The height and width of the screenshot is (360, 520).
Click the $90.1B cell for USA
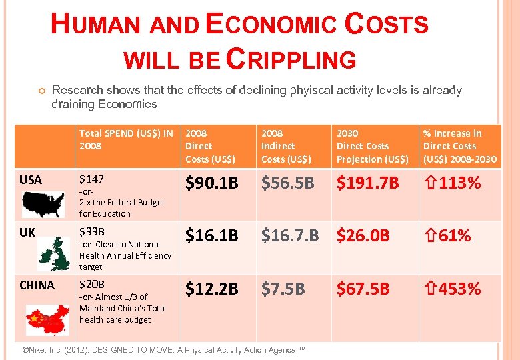point(211,183)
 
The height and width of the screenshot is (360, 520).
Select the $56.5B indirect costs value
point(287,183)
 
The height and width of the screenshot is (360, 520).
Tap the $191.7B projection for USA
point(367,183)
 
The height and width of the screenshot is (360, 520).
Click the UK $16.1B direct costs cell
point(211,235)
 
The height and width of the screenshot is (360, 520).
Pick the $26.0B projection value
point(363,235)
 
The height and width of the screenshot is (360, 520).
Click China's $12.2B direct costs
point(211,289)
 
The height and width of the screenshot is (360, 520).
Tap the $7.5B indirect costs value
point(283,289)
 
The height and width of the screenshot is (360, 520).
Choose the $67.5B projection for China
point(363,289)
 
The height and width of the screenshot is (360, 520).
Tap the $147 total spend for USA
point(92,178)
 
